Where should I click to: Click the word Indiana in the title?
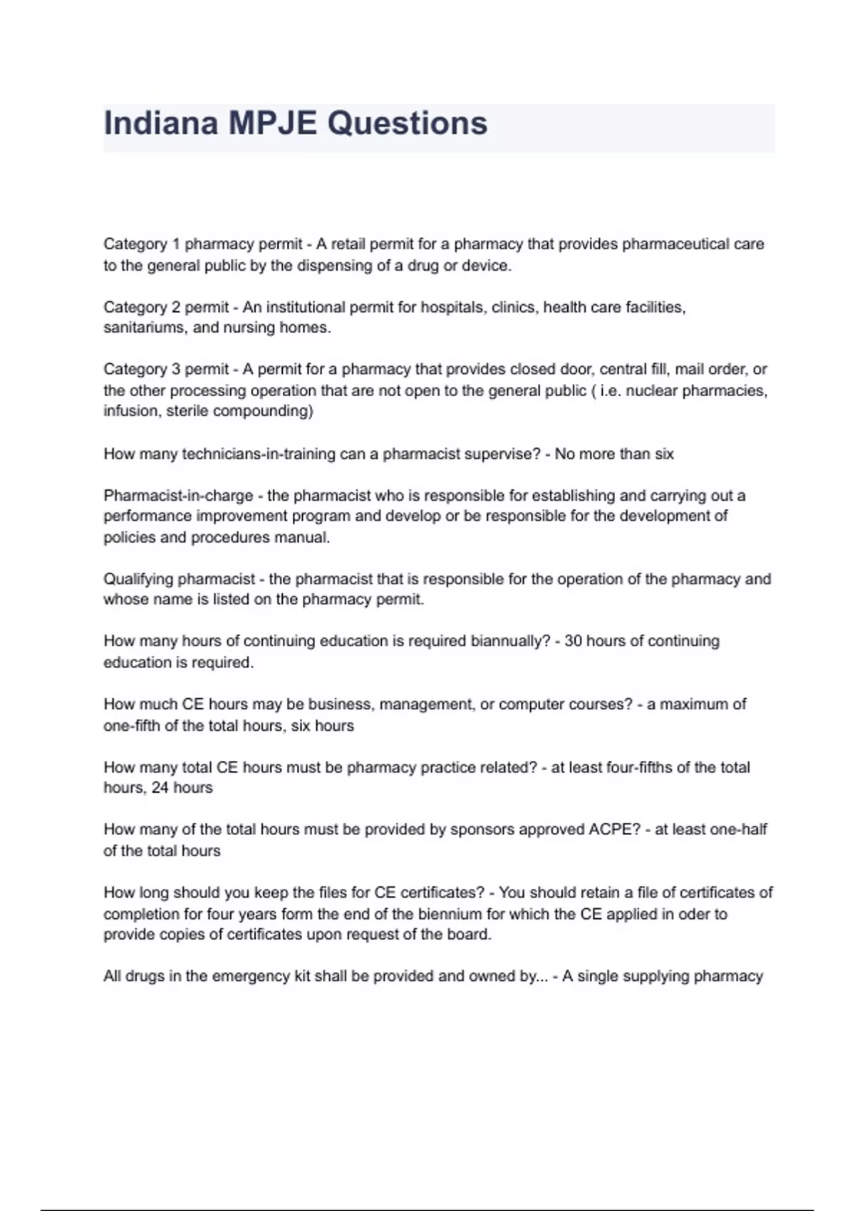tap(160, 123)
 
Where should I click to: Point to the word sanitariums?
tap(145, 328)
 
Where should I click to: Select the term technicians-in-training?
tap(259, 454)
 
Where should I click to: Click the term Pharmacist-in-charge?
tap(178, 495)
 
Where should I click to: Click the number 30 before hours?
tap(573, 641)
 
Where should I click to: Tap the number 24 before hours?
tap(160, 788)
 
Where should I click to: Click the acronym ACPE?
tap(613, 830)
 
